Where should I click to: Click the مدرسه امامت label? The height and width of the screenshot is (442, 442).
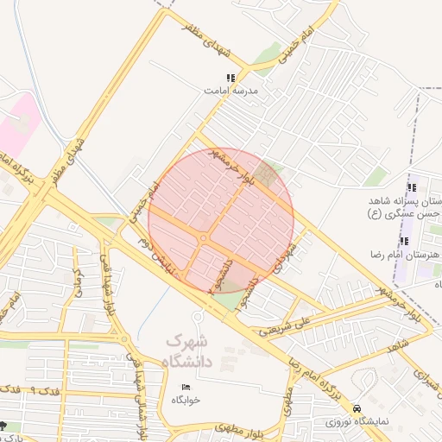click(231, 90)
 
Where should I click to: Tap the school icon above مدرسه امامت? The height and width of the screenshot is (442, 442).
click(230, 78)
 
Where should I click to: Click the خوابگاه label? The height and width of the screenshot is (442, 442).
click(186, 399)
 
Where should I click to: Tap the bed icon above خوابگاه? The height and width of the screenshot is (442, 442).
click(185, 386)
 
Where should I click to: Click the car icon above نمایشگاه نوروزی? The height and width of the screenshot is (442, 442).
click(357, 409)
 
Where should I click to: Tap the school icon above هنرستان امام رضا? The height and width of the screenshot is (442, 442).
click(404, 241)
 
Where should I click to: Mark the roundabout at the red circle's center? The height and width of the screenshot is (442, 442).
click(204, 237)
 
